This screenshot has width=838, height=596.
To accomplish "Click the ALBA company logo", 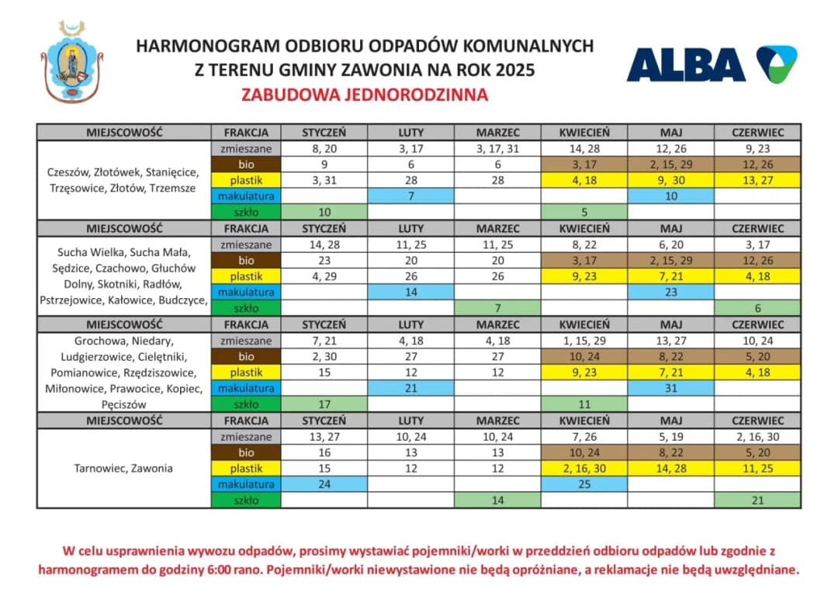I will click(711, 64).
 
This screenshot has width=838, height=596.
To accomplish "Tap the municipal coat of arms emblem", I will click(72, 62).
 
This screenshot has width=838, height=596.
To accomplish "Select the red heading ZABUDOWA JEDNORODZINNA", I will click(365, 95).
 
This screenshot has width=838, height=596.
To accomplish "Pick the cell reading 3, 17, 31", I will click(497, 147).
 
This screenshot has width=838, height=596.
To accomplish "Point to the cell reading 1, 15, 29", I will click(584, 341).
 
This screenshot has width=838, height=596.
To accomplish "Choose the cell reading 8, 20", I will click(324, 147).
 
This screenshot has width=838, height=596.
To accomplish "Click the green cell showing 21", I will click(757, 501).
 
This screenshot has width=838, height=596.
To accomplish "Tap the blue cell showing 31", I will click(670, 388).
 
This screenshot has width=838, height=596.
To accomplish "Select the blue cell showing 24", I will click(324, 484).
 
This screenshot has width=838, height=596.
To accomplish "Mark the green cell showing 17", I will click(324, 404).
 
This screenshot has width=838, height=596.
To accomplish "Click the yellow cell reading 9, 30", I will click(670, 180).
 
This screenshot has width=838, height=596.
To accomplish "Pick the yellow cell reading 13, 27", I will click(757, 180).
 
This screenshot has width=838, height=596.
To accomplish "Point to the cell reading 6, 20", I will click(670, 244).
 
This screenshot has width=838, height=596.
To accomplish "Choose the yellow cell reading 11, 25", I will click(757, 468).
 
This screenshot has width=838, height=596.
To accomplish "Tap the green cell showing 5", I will click(584, 212).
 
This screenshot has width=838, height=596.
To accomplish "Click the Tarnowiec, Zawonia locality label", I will click(123, 468).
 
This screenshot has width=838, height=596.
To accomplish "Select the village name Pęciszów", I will click(123, 404).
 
